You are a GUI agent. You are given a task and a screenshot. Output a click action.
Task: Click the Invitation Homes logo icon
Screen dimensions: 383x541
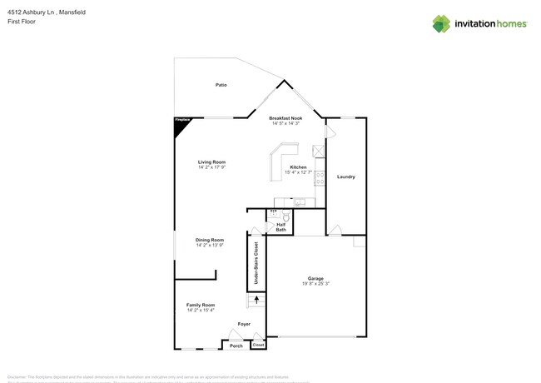[441, 23]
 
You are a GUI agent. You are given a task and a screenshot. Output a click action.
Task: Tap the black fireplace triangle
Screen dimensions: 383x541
[179, 122]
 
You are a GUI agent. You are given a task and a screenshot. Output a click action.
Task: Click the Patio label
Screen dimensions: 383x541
[221, 85]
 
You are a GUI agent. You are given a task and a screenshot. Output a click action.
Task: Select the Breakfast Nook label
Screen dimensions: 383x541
[285, 118]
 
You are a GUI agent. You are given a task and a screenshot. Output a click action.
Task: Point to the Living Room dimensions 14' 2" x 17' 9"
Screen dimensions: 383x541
[211, 167]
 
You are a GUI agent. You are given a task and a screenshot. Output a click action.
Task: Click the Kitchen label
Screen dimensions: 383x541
[298, 167]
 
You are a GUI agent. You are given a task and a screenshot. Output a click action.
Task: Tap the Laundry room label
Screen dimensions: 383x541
[345, 177]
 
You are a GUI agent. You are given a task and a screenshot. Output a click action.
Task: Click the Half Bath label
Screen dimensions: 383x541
[280, 226]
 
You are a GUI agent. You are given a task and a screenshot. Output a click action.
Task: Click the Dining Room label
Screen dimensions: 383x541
[210, 240]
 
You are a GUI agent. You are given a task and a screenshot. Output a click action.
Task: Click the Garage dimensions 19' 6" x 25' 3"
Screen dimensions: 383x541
[316, 284]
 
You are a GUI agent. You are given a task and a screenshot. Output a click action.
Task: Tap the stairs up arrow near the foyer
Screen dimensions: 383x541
[256, 299]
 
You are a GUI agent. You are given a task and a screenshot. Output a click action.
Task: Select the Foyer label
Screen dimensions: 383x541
[244, 324]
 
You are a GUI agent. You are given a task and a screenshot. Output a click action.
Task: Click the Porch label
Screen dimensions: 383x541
[236, 345]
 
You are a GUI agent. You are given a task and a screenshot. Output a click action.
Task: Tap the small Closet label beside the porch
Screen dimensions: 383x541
[258, 345]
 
